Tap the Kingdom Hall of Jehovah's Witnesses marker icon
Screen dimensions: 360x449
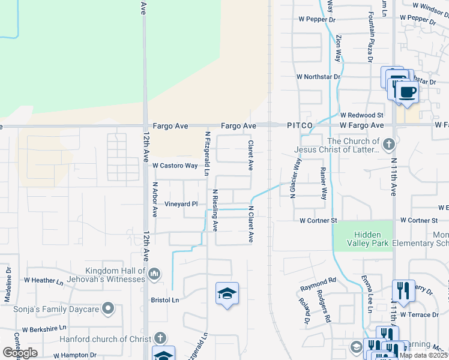(x=154, y=274)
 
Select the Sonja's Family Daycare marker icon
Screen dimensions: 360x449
(x=108, y=309)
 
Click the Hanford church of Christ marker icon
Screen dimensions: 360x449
(x=160, y=338)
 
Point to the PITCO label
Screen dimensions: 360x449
(x=300, y=125)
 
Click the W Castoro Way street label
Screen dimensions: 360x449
(x=175, y=166)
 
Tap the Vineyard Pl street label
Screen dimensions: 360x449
(x=181, y=204)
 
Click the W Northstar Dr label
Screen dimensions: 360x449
(x=318, y=77)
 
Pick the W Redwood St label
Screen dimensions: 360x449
(x=361, y=115)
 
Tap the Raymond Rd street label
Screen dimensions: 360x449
(x=319, y=281)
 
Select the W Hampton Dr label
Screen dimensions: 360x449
(x=74, y=355)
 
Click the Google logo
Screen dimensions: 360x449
(x=20, y=352)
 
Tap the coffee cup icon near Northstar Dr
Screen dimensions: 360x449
(x=407, y=92)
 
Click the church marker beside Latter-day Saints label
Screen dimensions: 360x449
(x=389, y=144)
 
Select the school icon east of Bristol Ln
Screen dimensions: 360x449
(x=227, y=293)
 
